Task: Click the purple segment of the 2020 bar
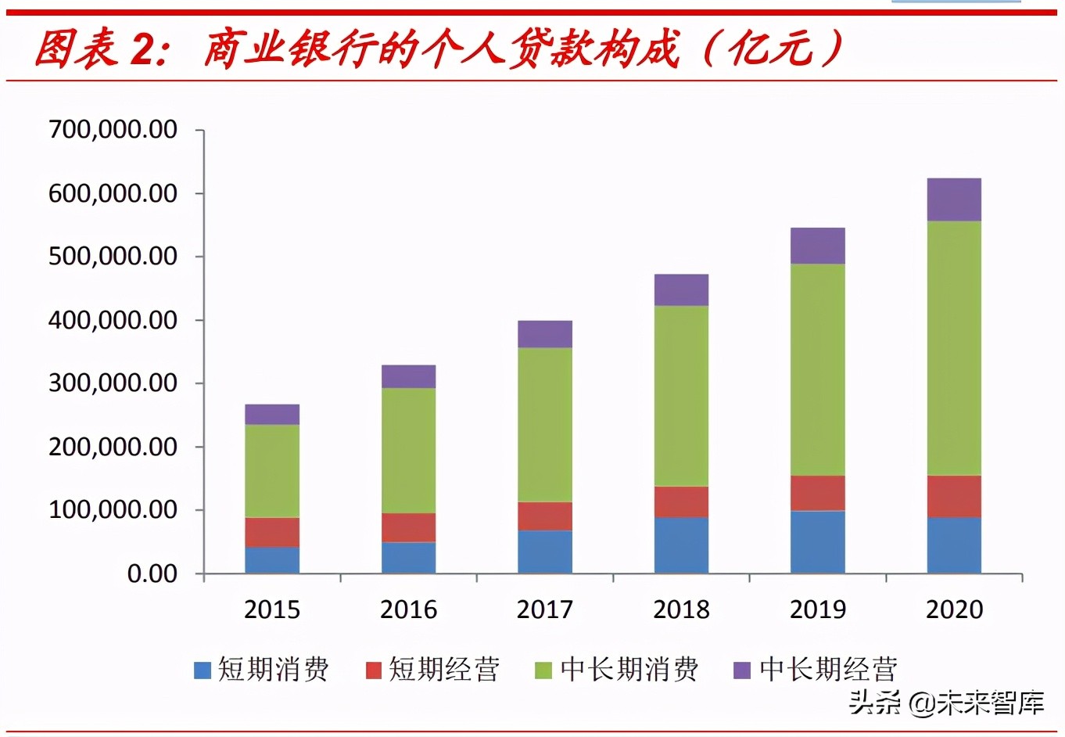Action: coord(954,200)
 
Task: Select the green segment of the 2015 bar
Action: coord(272,471)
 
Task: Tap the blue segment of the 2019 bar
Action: coord(818,541)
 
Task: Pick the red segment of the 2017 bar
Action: coord(545,516)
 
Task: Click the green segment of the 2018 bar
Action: coord(681,396)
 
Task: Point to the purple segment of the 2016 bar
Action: coord(408,376)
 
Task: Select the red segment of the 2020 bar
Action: coord(954,496)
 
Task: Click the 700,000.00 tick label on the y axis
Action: coord(113,129)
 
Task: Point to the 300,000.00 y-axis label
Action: coord(113,383)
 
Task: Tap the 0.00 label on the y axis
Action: coord(152,573)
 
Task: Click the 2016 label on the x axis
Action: coord(408,609)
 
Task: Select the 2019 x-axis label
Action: coord(818,609)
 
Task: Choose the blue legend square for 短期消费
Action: coord(203,670)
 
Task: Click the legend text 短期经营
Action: coord(443,670)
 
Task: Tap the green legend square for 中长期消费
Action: coord(543,670)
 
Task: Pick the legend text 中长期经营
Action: coord(827,670)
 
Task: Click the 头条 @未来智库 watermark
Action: coord(946,703)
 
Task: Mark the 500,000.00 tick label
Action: coord(113,257)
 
